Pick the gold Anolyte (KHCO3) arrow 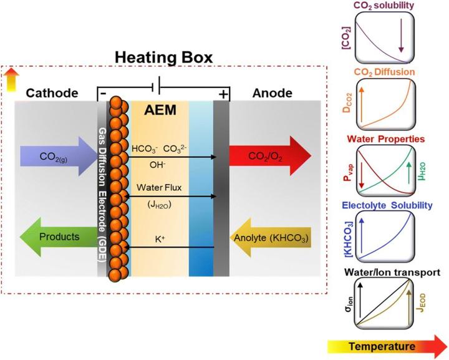click(271, 236)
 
